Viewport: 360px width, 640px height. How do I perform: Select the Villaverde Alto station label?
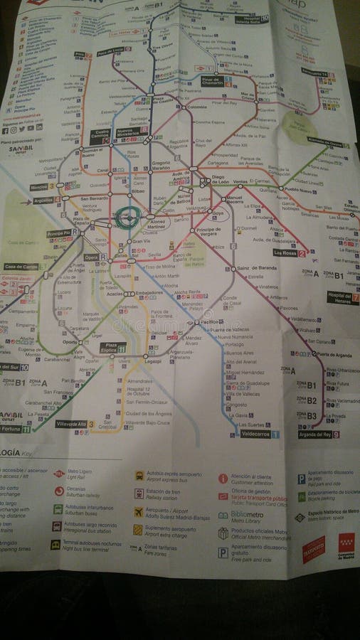coord(72,424)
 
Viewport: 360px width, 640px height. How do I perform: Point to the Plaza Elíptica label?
coord(112,348)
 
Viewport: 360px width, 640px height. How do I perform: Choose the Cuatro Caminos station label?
coord(99,134)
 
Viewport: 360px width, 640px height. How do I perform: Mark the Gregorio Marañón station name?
coord(161,164)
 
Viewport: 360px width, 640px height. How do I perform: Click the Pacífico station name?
coord(211,322)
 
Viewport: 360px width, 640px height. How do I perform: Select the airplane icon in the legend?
coord(138,511)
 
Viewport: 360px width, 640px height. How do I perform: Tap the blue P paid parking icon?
coord(302,479)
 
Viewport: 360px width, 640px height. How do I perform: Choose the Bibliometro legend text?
coord(245,515)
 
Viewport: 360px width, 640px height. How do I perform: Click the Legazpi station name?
coord(152,361)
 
